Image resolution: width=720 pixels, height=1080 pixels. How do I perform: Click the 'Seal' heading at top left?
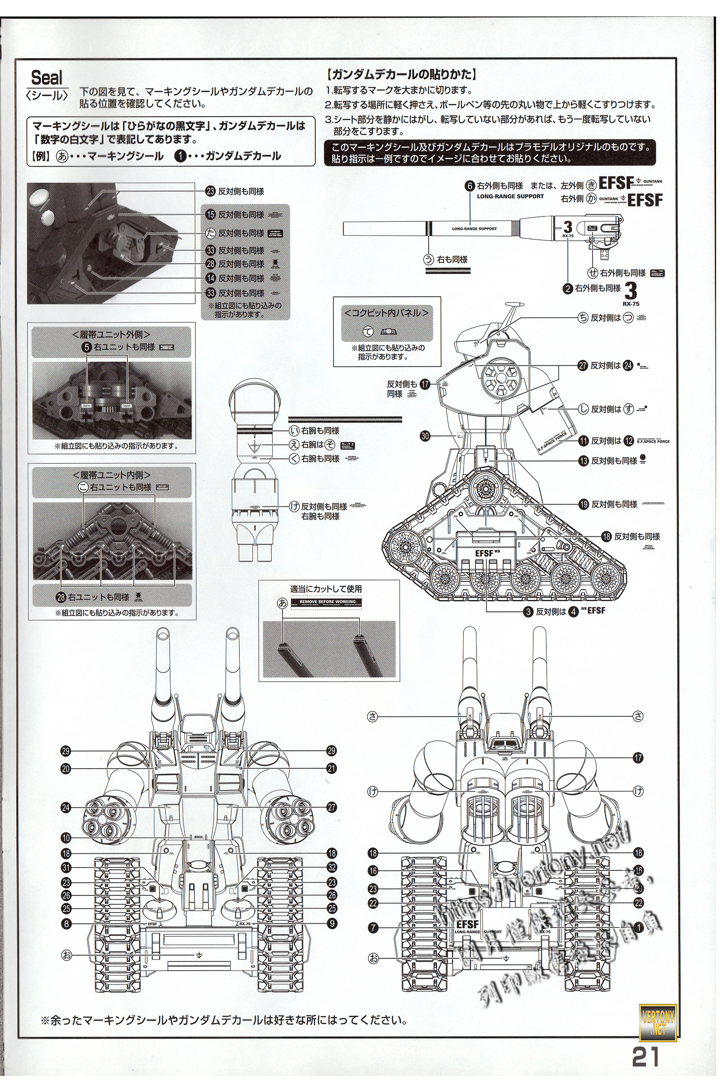tap(46, 77)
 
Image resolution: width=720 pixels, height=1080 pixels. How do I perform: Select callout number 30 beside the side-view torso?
tap(425, 436)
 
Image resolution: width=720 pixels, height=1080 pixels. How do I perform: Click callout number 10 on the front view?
tap(66, 838)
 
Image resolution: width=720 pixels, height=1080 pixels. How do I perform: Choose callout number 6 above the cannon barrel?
tap(469, 186)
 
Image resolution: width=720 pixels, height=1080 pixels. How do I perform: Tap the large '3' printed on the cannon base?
tap(568, 227)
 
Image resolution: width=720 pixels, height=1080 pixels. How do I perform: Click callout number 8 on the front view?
tap(66, 923)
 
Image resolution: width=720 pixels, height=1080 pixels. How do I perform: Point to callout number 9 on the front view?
tap(332, 923)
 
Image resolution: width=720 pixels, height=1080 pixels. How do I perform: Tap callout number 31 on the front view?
tap(66, 868)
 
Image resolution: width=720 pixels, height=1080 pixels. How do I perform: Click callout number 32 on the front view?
tap(332, 868)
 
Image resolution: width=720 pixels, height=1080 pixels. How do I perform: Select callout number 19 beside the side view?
tap(583, 504)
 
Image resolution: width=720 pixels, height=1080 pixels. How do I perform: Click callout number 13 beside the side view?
tap(583, 460)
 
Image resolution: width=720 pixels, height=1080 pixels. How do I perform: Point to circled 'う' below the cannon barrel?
tap(428, 260)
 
